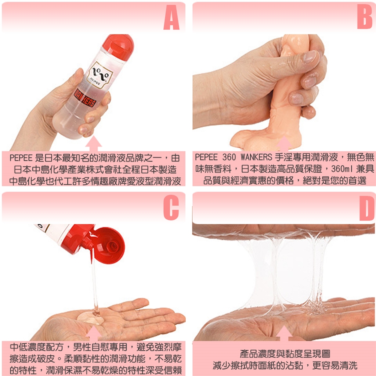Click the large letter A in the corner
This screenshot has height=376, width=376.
point(172,18)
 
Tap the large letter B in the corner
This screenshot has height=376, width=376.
point(364,17)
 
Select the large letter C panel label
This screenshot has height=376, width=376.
point(171,208)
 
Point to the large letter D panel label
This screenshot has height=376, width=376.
point(367,208)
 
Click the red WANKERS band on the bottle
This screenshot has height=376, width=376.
point(85,98)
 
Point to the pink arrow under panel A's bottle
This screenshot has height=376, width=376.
point(94,143)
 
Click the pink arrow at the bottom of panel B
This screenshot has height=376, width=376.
point(284,144)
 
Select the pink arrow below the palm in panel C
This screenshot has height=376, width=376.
point(94,333)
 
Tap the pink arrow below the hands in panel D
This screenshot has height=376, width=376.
point(284,333)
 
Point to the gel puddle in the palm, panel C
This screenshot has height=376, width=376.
point(90,318)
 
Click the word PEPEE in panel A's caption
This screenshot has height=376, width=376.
point(21,158)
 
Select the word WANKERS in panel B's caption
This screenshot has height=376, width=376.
point(256,157)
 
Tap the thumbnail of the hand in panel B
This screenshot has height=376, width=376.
point(309,57)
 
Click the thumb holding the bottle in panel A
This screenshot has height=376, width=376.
point(75,79)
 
